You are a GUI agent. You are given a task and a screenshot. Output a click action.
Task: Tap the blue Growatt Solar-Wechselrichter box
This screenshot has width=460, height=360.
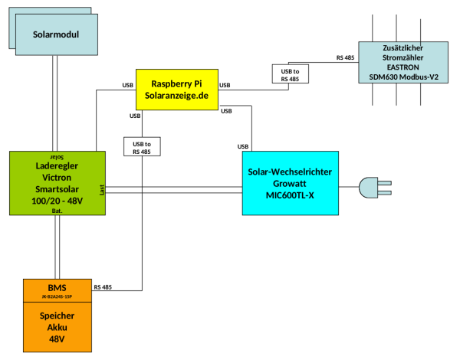[x=290, y=183]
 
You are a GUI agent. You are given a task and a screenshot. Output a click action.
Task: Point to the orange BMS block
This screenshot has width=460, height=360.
[x=58, y=290]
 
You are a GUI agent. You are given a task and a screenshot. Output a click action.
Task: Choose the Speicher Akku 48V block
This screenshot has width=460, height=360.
[x=58, y=326]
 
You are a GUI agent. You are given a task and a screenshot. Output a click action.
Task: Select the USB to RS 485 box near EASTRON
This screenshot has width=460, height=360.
[x=290, y=74]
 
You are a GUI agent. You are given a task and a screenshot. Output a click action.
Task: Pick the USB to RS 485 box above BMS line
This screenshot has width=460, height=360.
[x=142, y=147]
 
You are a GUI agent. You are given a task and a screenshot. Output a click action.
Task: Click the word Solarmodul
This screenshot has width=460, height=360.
[x=57, y=34]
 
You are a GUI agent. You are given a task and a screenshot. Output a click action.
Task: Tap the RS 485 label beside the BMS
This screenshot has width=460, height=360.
[x=103, y=287]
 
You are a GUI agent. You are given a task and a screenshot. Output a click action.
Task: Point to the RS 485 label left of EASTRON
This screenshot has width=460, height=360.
[x=345, y=58]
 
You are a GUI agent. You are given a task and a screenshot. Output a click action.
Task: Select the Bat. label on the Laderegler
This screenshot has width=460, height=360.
[x=58, y=209]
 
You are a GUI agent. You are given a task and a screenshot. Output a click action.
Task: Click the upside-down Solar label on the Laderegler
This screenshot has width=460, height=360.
[x=57, y=155]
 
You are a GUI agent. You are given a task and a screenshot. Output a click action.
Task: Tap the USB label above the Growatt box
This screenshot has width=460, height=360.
[x=243, y=146]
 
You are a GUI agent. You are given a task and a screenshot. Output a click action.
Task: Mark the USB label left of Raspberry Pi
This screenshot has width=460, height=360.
[x=128, y=85]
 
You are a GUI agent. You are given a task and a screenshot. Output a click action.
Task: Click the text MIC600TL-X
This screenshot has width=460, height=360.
[x=290, y=195]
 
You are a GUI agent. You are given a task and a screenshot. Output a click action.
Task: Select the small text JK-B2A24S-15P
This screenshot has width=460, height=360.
[x=58, y=296]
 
